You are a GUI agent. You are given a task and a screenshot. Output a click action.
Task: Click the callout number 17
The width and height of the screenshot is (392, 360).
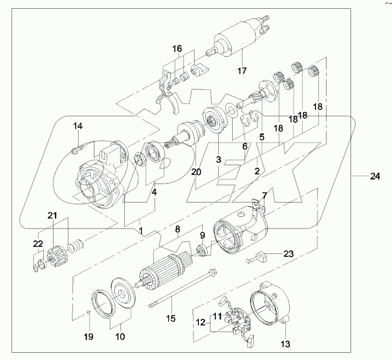coord(241,71)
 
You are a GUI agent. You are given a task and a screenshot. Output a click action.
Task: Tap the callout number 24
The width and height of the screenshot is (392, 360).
coord(375,177)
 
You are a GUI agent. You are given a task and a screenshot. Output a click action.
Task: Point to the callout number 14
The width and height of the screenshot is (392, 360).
coord(78,126)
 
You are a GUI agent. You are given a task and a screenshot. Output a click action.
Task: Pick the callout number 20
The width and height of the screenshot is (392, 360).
coord(196,172)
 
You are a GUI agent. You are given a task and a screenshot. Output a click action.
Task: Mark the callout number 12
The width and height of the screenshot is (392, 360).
coord(200,321)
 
